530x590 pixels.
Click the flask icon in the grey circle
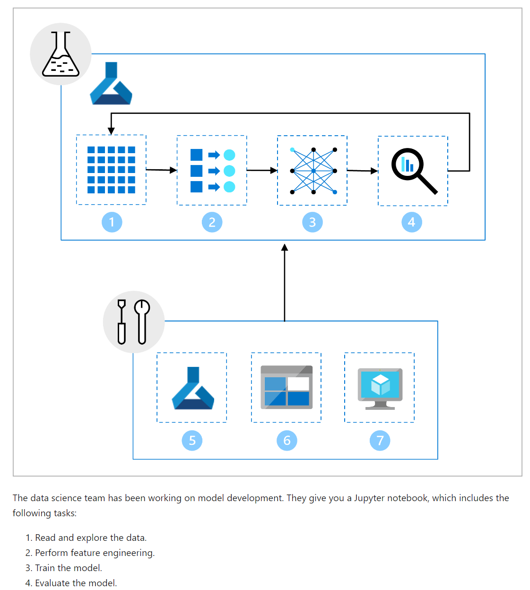point(61,54)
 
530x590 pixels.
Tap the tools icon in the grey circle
point(134,322)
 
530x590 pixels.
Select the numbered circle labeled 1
point(112,222)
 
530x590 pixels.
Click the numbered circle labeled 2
point(212,222)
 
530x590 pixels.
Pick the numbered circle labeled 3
point(313,222)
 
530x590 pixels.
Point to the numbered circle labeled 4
point(412,222)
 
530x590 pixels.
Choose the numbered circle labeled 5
point(192,441)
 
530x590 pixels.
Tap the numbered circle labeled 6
point(287,441)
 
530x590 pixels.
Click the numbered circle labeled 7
point(380,441)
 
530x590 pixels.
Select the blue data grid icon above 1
point(111,170)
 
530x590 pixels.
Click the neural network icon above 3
point(313,171)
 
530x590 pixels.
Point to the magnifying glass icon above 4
point(414,171)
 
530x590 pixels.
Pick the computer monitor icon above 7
point(380,389)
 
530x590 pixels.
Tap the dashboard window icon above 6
point(287,387)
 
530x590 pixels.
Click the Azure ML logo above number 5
point(193,388)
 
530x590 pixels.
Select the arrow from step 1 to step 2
point(161,170)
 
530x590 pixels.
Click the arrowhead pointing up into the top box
point(285,247)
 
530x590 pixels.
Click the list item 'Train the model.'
point(69,568)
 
